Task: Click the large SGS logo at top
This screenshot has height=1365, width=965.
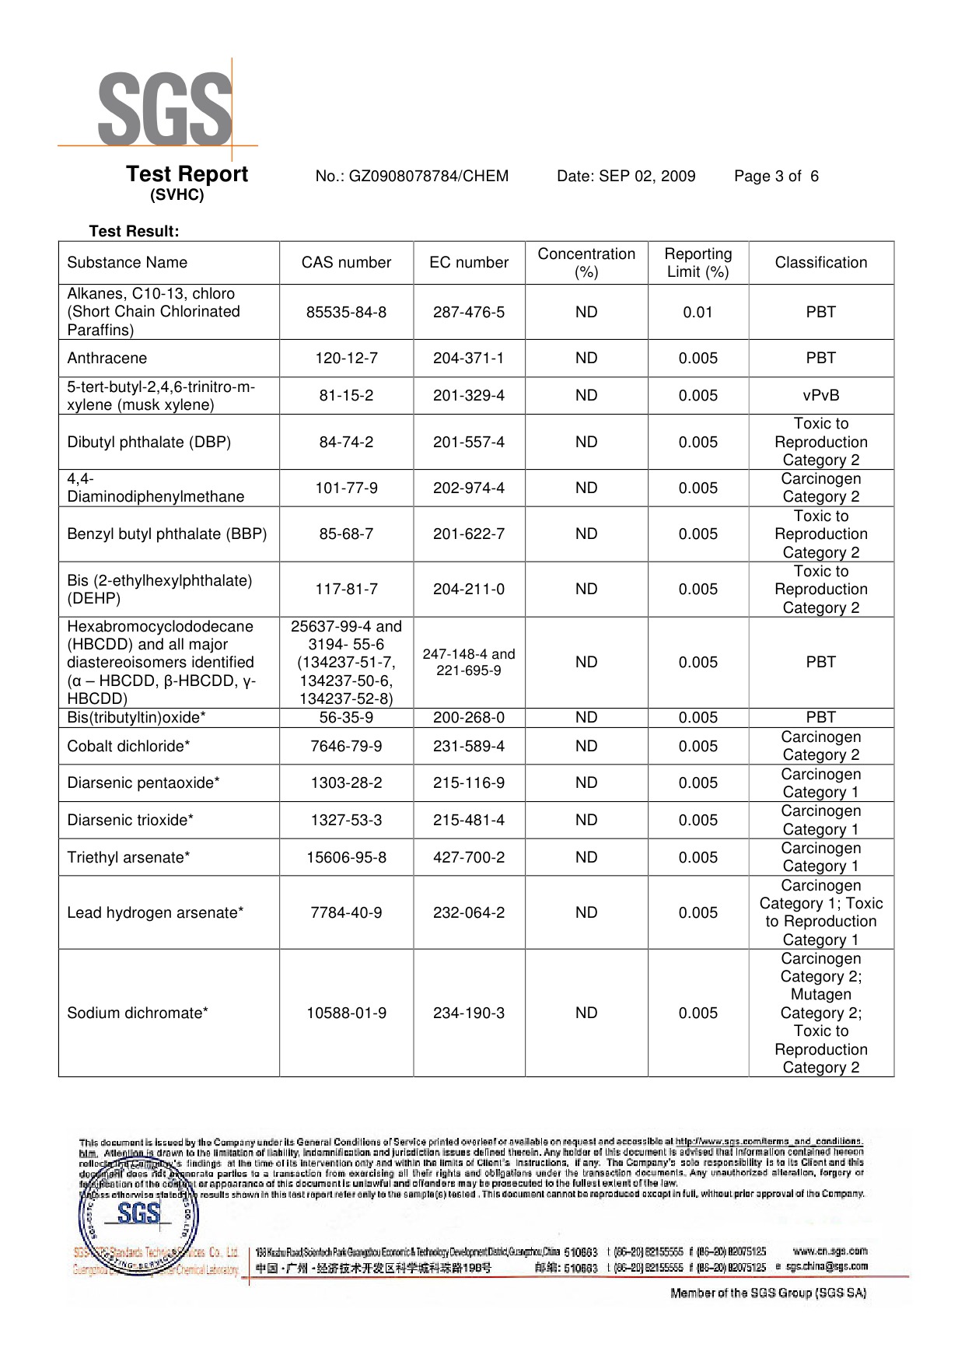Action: (x=164, y=110)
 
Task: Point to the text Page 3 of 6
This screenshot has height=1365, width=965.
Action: (x=776, y=177)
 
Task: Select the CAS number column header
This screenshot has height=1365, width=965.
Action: (x=346, y=263)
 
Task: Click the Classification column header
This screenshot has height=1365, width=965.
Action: (x=820, y=263)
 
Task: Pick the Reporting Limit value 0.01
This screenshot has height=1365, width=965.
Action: (x=698, y=312)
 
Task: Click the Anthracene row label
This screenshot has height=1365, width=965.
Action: (x=107, y=359)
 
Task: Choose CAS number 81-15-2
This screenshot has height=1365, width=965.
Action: (x=346, y=396)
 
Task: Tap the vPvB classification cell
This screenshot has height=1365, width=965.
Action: (x=820, y=396)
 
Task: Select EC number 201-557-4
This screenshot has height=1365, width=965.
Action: (x=468, y=443)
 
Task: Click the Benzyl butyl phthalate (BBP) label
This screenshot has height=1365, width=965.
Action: (x=166, y=534)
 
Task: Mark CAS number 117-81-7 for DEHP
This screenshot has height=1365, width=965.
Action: (x=346, y=590)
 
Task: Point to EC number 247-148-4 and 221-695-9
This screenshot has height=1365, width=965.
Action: (x=468, y=663)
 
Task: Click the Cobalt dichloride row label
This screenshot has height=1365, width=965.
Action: (x=128, y=747)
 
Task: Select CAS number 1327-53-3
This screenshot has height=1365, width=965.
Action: (x=346, y=821)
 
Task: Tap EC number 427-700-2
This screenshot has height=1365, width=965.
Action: (x=468, y=858)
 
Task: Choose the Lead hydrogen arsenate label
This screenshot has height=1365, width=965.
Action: (x=155, y=913)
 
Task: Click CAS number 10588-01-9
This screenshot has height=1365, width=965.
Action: (x=346, y=1013)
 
